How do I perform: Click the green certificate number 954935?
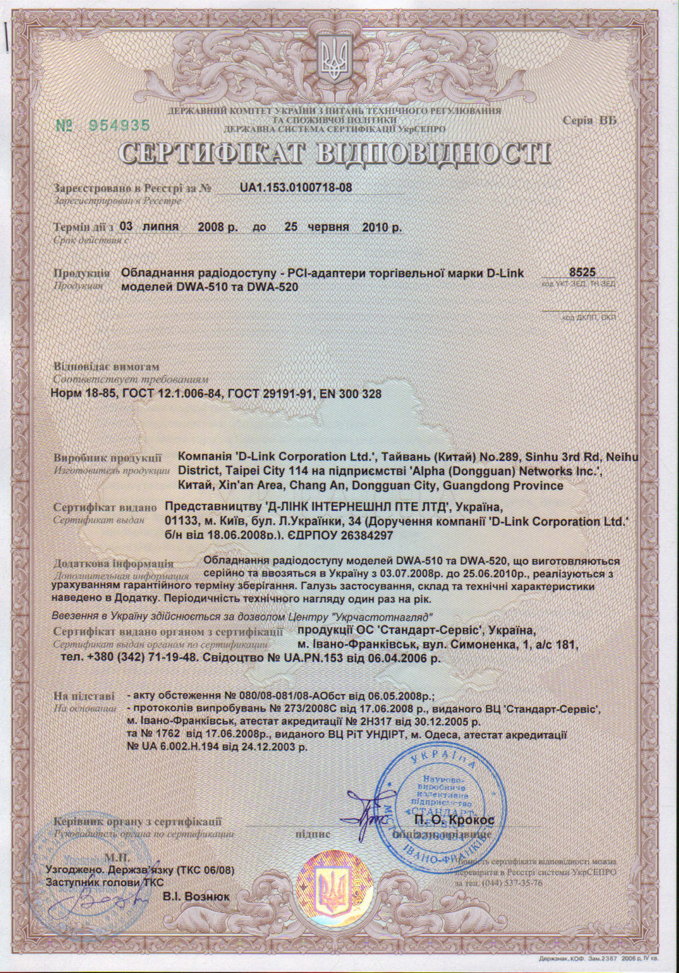click(119, 125)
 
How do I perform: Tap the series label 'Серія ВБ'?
click(589, 121)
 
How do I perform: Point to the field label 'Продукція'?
click(82, 273)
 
